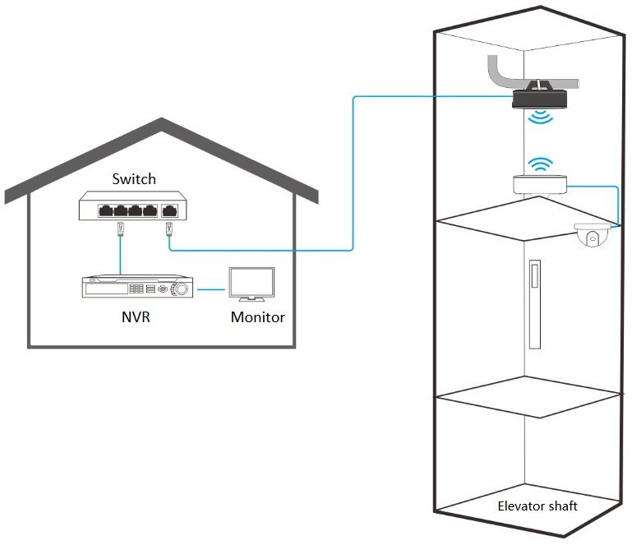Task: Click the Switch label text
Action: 134,179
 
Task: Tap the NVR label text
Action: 136,316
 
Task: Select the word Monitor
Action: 257,317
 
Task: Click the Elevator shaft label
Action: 537,506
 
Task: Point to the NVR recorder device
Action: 137,287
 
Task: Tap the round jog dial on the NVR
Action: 181,289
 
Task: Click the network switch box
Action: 132,206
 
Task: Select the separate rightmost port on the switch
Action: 169,210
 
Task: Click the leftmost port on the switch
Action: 105,210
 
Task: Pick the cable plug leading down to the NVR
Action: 120,229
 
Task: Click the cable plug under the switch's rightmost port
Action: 168,229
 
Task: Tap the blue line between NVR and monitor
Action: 210,289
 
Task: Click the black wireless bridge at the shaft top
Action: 540,99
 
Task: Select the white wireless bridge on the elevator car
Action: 540,184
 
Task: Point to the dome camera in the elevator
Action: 592,234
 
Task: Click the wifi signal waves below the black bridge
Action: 541,117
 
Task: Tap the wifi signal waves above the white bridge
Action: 541,164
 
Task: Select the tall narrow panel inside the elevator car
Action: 535,304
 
